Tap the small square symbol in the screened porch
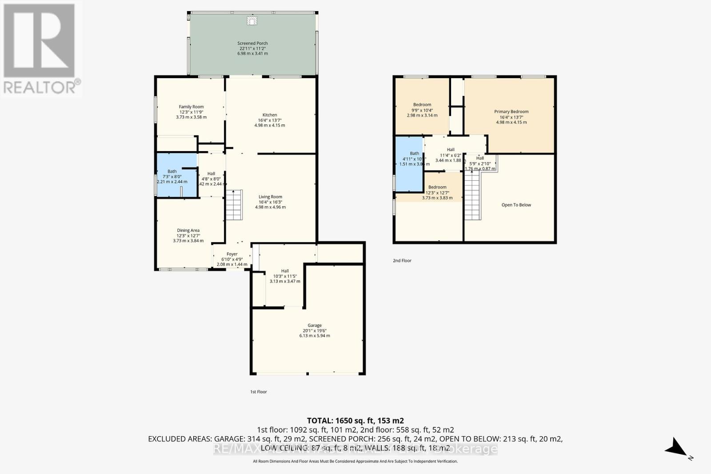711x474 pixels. click(252, 20)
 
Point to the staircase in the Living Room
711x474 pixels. click(234, 205)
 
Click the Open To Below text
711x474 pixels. click(516, 205)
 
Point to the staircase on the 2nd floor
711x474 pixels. click(473, 196)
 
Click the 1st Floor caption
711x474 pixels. click(258, 392)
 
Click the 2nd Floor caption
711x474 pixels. click(402, 261)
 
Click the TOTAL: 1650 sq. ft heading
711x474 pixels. click(355, 420)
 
